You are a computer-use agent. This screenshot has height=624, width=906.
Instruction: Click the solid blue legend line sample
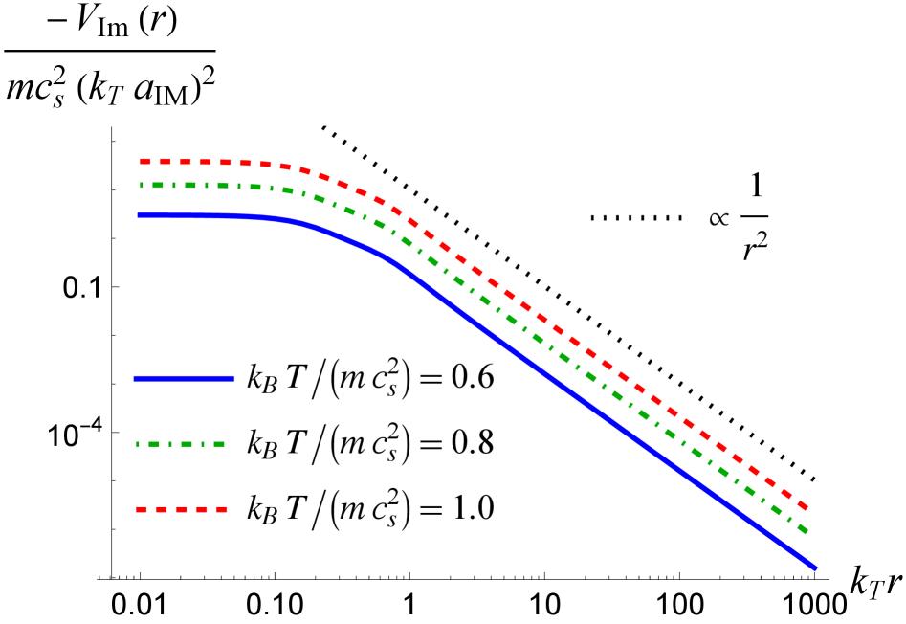(184, 379)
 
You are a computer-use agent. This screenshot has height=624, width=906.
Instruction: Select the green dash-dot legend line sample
(181, 444)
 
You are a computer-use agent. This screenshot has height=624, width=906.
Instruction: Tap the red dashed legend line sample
(182, 510)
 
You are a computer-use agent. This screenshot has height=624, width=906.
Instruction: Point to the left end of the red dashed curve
(141, 162)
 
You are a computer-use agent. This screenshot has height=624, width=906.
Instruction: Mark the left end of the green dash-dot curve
(141, 185)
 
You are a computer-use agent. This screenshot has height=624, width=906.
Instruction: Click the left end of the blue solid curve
(139, 215)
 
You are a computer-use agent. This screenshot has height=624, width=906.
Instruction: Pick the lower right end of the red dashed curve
(808, 508)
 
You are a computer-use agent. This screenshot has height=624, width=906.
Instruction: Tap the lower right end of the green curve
(807, 531)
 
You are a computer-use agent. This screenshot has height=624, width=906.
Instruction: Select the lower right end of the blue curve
(816, 568)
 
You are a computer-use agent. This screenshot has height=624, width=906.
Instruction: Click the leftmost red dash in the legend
(142, 510)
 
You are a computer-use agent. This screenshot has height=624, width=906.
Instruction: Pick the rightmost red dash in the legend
(222, 510)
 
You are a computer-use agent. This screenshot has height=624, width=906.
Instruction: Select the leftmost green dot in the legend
(139, 444)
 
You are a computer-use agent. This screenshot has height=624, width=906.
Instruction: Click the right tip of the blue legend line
(233, 379)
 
